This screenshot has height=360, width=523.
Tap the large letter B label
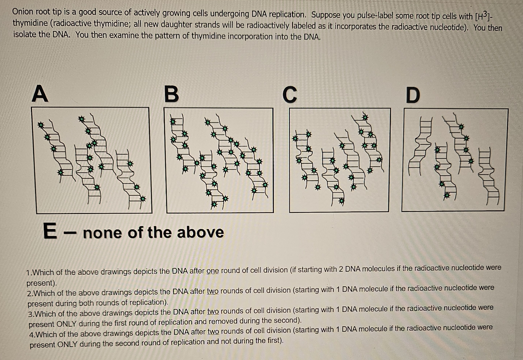(x=172, y=94)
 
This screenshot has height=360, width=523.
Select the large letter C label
(x=290, y=95)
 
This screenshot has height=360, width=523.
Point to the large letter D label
(x=413, y=95)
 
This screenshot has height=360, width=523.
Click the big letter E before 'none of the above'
(x=50, y=231)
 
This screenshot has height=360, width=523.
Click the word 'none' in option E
(x=102, y=233)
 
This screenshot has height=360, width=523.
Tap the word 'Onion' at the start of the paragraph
(x=23, y=11)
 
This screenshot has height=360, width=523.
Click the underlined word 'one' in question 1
(x=212, y=271)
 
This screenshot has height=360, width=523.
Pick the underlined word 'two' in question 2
(x=213, y=291)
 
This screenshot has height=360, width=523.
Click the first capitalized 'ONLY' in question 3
(x=67, y=324)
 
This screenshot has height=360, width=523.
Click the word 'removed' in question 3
(x=223, y=321)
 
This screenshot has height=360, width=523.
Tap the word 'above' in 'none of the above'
(x=200, y=232)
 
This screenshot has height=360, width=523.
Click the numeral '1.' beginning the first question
(x=29, y=273)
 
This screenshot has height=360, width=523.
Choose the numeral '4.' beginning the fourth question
(x=33, y=335)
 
